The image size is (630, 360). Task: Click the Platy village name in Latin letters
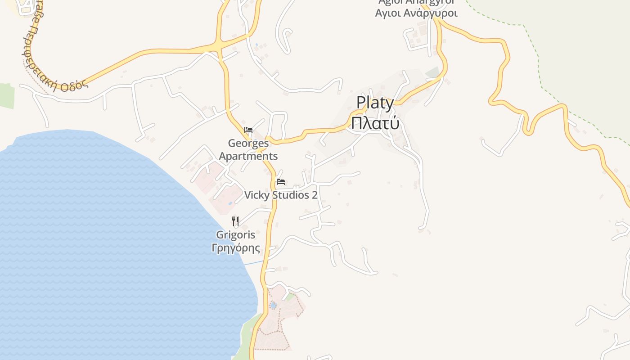(375, 103)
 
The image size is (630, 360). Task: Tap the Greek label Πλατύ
(375, 123)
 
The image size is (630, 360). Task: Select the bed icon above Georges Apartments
(248, 130)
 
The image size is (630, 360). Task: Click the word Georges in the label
(248, 144)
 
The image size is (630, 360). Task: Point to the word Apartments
(248, 156)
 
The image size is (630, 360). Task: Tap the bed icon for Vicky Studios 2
(281, 182)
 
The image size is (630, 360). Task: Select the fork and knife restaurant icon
(235, 221)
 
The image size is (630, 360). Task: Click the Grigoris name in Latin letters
(235, 234)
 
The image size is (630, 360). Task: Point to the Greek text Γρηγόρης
(235, 247)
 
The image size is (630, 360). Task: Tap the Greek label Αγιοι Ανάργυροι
(416, 13)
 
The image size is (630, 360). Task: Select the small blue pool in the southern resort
(273, 306)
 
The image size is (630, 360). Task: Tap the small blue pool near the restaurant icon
(230, 203)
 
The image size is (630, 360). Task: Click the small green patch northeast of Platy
(432, 72)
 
